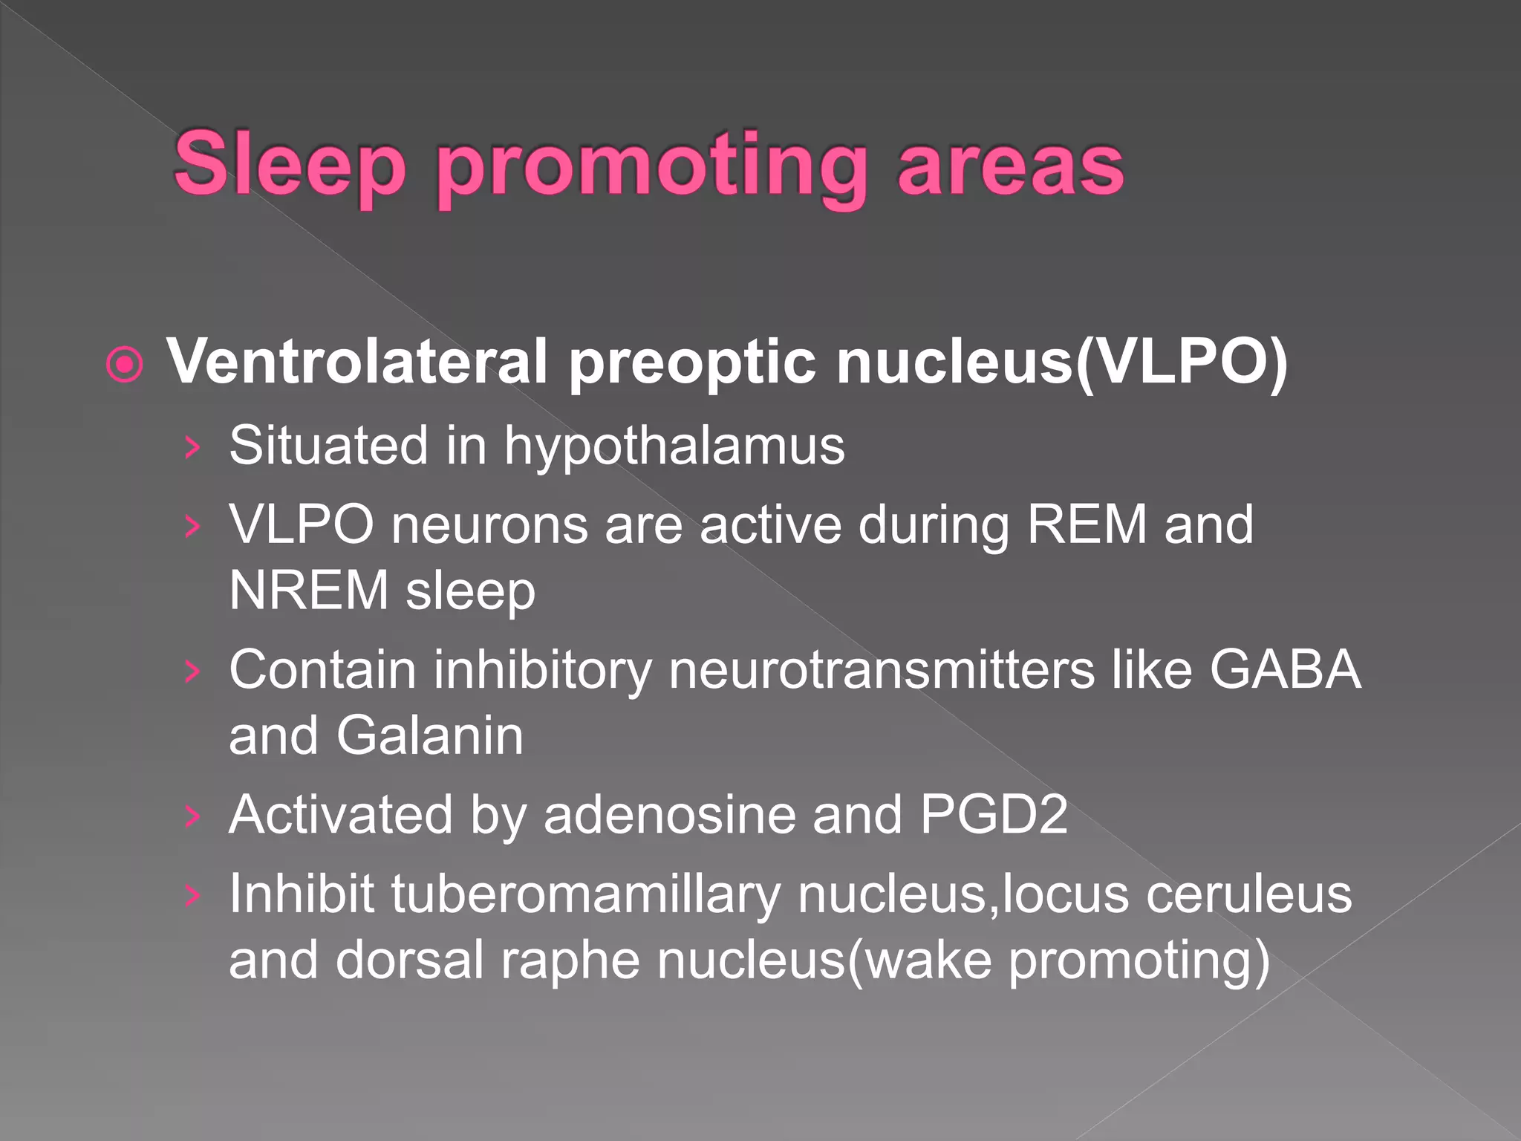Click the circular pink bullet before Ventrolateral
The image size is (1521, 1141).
coord(124,365)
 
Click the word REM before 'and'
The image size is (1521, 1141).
coord(1087,524)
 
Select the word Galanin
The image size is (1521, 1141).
coord(430,735)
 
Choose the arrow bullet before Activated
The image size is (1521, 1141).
coord(192,816)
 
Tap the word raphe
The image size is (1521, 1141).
coord(570,960)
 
